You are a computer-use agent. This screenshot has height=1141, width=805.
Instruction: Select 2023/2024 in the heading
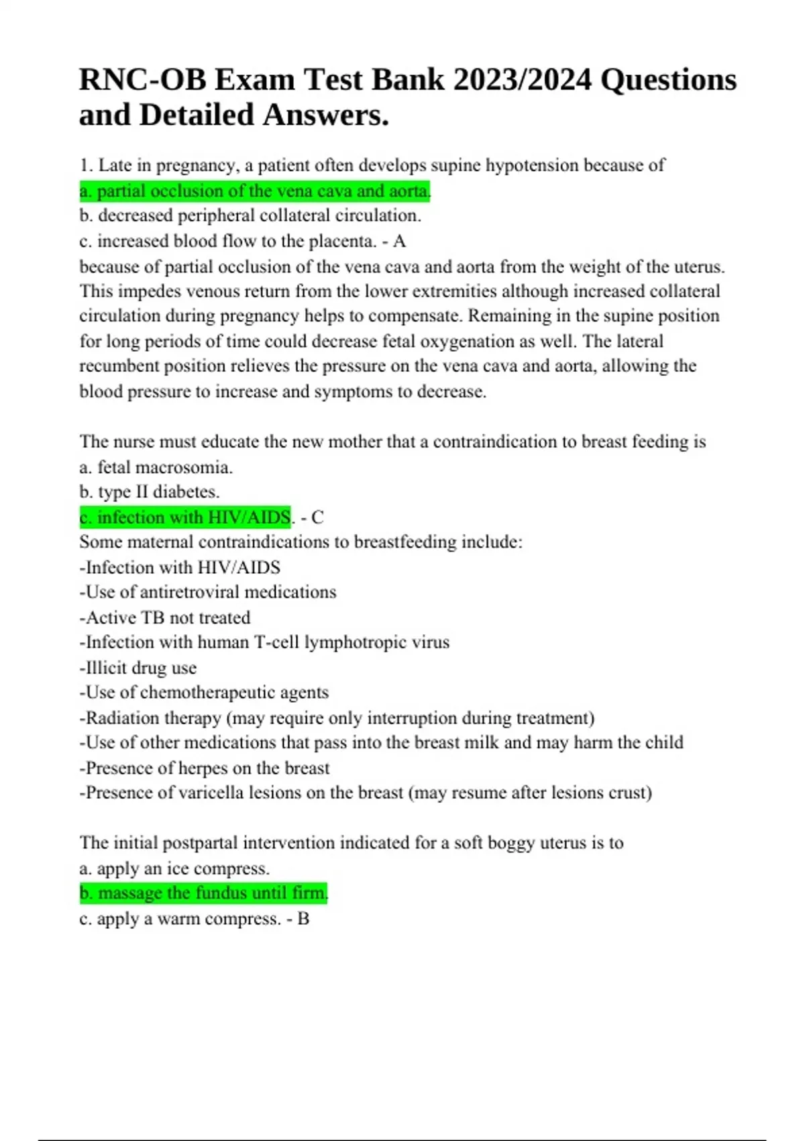(x=523, y=80)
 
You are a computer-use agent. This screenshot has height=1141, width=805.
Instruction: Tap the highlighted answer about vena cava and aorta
(x=255, y=191)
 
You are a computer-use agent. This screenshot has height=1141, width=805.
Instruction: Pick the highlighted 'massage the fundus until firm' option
(x=203, y=893)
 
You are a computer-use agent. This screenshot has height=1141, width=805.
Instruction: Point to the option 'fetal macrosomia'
(x=156, y=467)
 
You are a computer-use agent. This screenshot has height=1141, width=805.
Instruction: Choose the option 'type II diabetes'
(x=150, y=492)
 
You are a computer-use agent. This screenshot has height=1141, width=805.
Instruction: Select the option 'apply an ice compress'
(x=174, y=869)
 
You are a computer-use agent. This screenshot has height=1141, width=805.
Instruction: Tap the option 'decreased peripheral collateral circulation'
(x=250, y=216)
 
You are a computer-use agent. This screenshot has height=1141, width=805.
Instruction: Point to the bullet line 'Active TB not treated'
(x=165, y=617)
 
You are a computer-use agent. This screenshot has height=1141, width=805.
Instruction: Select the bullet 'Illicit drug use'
(x=138, y=668)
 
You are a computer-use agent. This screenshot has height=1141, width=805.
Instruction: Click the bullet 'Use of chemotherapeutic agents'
(x=204, y=693)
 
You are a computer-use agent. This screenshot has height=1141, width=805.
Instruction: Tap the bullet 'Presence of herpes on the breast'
(x=205, y=768)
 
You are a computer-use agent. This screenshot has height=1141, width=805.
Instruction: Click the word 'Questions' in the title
(x=668, y=80)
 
